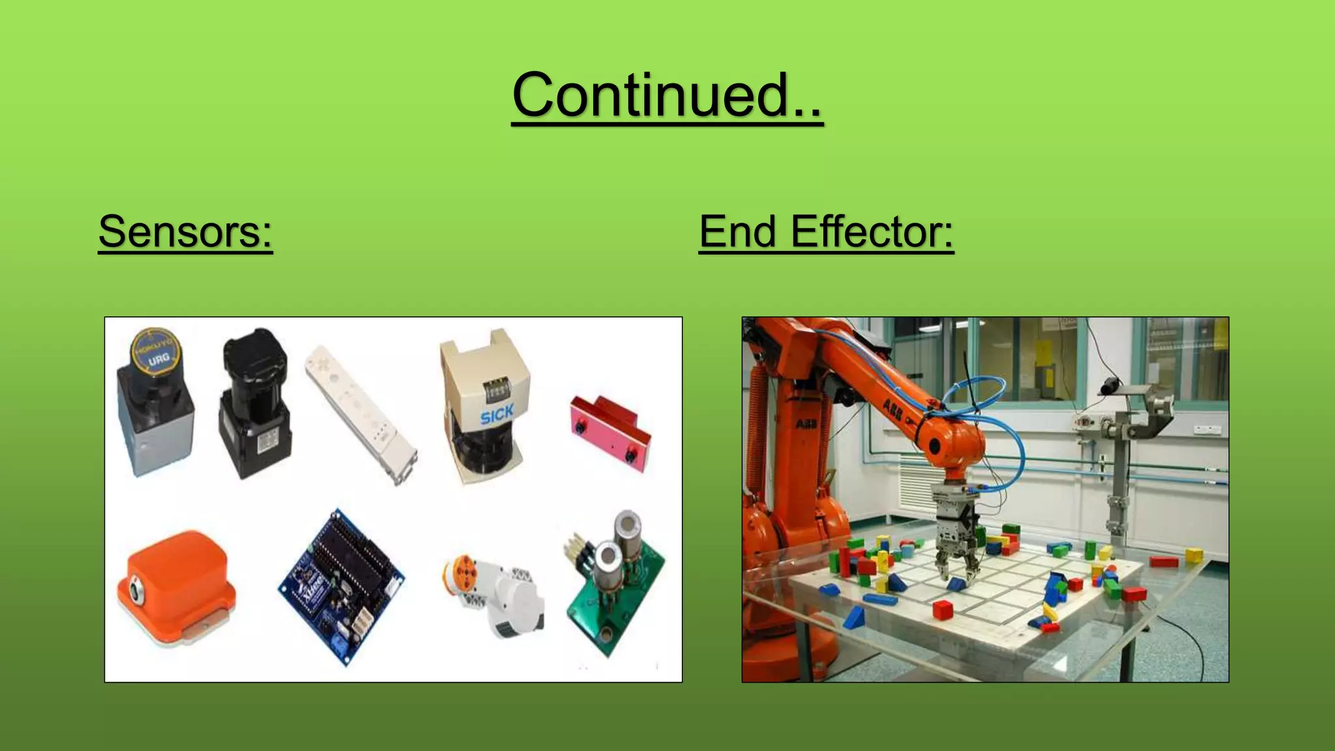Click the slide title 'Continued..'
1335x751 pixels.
point(667,95)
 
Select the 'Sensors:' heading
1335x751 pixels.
point(185,231)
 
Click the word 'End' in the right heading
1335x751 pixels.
point(738,231)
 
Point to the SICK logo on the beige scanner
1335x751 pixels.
point(497,414)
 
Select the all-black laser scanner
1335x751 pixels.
point(254,403)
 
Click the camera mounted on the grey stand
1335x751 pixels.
point(1110,386)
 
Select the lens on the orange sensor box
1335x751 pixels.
point(136,591)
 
